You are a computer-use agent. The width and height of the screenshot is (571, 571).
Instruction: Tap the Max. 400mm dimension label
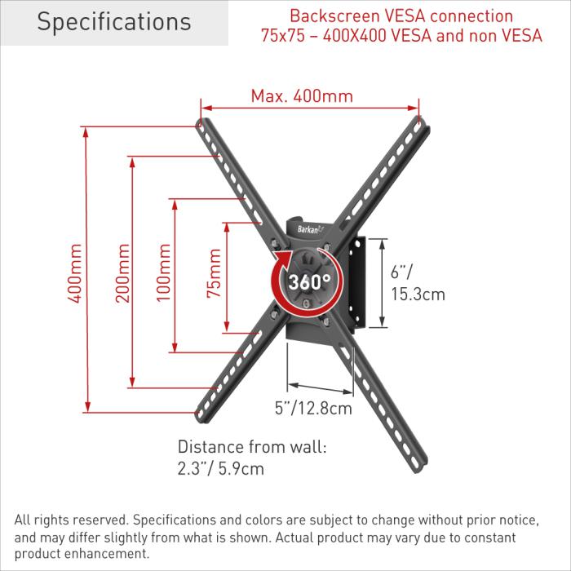(x=302, y=96)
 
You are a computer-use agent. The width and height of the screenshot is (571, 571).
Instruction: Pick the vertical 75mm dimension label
(x=214, y=274)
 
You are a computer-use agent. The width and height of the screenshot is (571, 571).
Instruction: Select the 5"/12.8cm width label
(x=312, y=407)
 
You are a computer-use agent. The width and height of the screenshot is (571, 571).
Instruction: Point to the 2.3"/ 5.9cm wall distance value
(x=221, y=469)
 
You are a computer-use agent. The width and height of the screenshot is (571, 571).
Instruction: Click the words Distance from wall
(x=252, y=447)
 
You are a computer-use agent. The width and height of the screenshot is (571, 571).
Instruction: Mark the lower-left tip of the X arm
(x=203, y=416)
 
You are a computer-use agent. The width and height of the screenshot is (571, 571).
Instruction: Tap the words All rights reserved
(x=70, y=520)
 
